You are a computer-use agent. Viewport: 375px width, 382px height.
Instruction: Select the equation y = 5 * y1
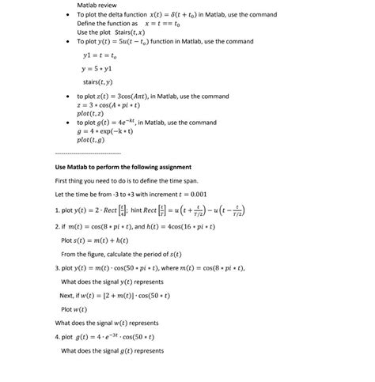point(99,69)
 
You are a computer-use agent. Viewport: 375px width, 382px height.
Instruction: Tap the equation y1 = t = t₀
point(100,55)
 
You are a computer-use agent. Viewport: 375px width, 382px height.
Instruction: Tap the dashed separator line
point(89,153)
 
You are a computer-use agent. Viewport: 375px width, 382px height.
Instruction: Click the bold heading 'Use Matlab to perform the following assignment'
point(123,168)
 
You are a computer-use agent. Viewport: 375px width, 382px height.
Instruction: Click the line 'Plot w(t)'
point(75,308)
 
